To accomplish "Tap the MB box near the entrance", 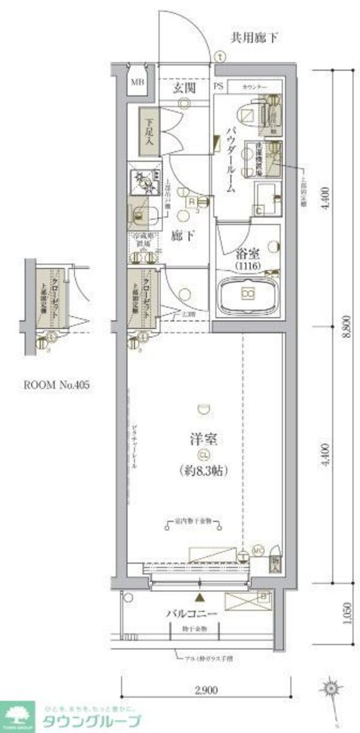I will tap(137, 83).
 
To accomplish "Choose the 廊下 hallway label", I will tap(184, 236).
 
